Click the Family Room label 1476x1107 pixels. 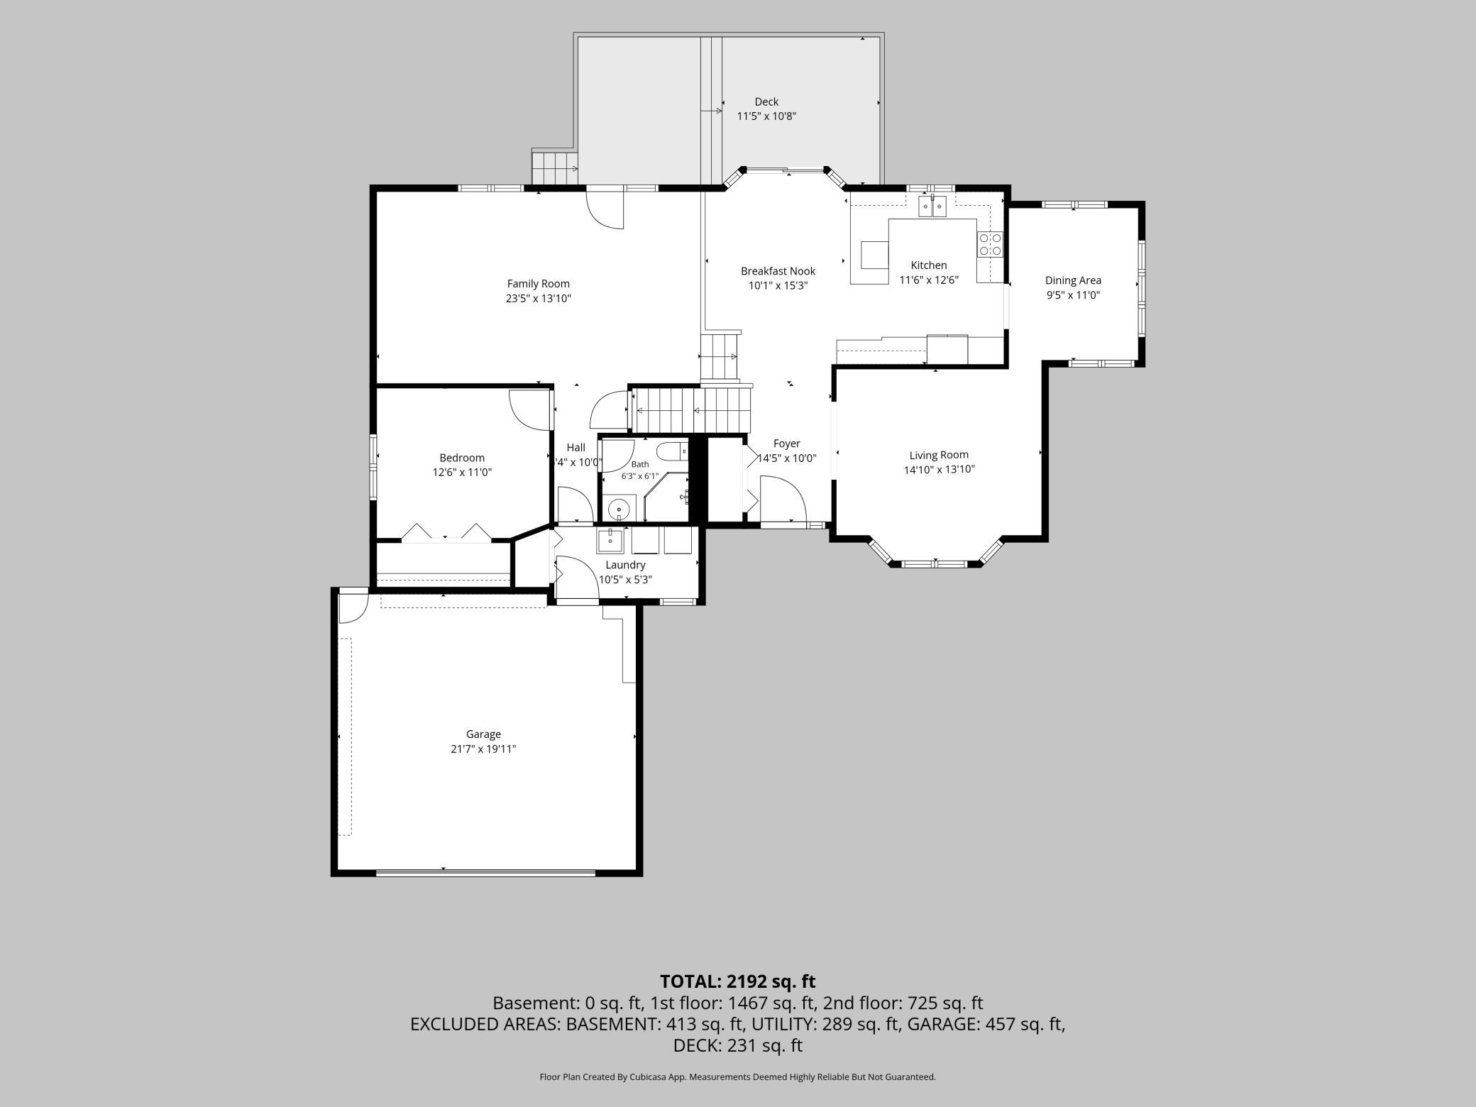(x=538, y=284)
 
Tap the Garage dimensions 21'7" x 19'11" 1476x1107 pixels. (x=483, y=749)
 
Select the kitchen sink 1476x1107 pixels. (x=932, y=206)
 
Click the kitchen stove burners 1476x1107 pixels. (x=991, y=244)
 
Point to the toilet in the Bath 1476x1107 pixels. (x=672, y=451)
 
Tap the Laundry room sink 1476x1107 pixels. (x=610, y=540)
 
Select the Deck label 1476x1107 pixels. (x=766, y=101)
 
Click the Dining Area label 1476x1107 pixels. (x=1073, y=280)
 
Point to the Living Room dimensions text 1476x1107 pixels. (x=939, y=469)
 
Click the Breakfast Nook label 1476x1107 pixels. (x=778, y=271)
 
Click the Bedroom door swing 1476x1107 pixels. (x=530, y=409)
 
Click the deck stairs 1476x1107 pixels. (x=554, y=168)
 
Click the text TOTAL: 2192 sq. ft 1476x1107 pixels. (x=737, y=981)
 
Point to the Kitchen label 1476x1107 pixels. (x=929, y=265)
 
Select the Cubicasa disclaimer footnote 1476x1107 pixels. (x=737, y=1076)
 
